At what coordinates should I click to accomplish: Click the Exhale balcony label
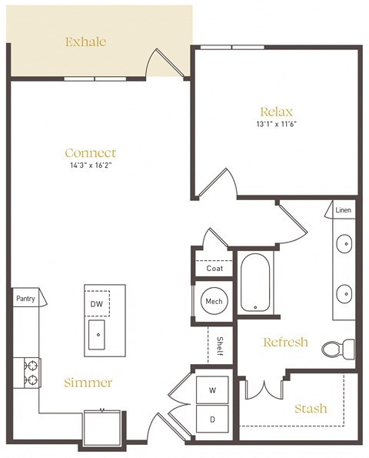click(x=86, y=42)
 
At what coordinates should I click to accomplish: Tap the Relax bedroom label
click(x=276, y=112)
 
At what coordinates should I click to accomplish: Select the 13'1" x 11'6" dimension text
click(x=276, y=124)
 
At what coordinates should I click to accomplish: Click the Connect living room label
click(x=91, y=152)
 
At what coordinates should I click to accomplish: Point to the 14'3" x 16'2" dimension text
click(x=91, y=165)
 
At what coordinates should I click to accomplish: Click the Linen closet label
click(x=344, y=209)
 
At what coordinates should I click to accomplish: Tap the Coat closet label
click(x=214, y=269)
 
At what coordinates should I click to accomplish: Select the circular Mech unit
click(x=213, y=301)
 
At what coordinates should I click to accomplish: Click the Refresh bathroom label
click(x=285, y=342)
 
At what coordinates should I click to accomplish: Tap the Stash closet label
click(x=311, y=408)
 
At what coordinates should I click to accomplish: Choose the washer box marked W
click(x=212, y=390)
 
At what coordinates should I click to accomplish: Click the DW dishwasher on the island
click(x=97, y=304)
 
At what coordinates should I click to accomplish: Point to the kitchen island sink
click(x=98, y=335)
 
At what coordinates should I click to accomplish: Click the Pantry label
click(x=25, y=297)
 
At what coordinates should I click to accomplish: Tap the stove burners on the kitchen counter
click(x=32, y=372)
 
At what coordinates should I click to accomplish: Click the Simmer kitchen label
click(x=89, y=383)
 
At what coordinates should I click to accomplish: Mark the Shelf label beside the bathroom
click(x=219, y=345)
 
